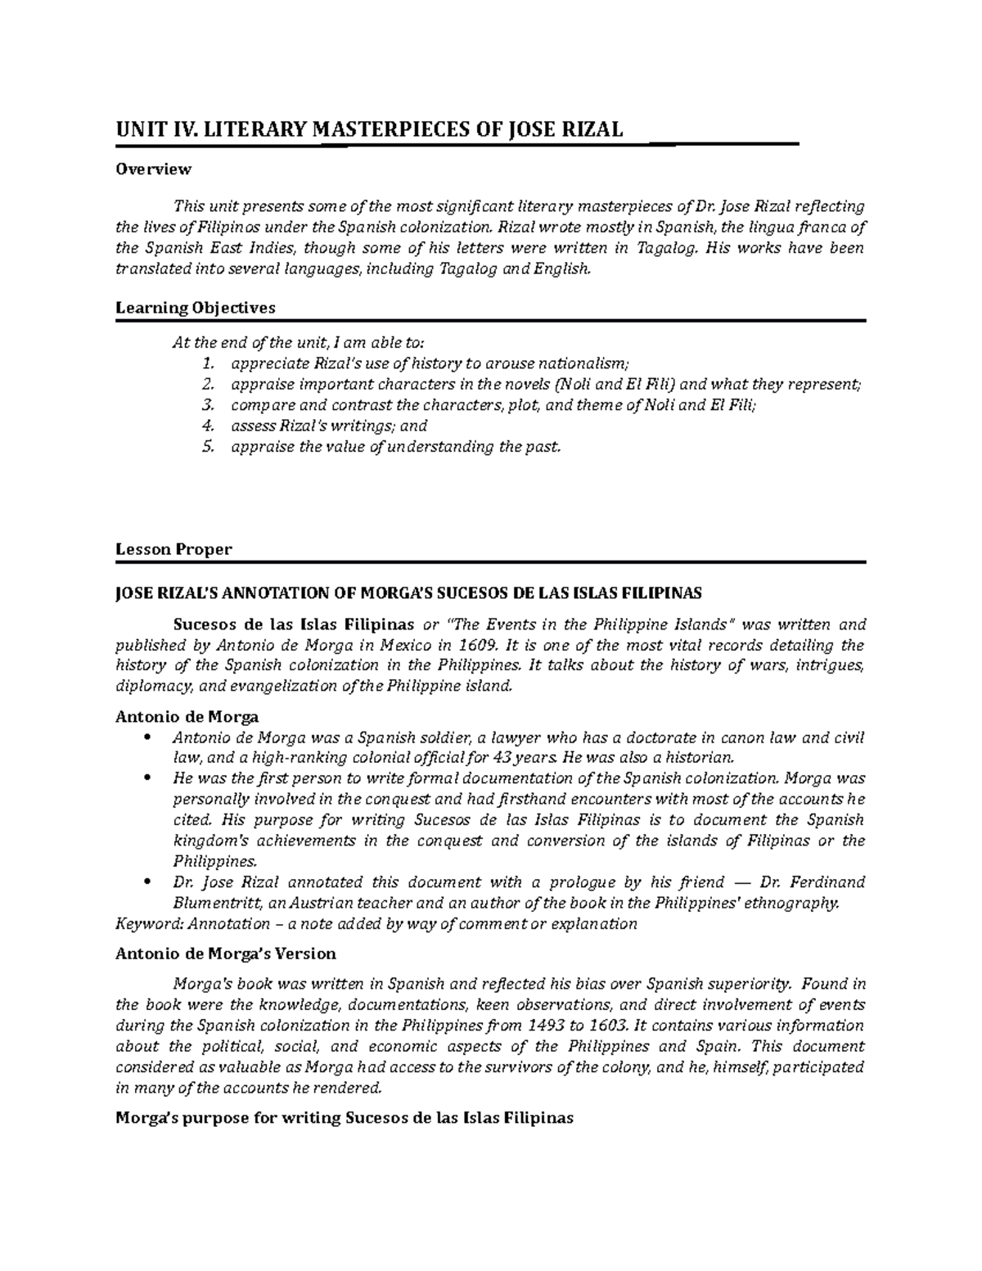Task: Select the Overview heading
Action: pos(153,169)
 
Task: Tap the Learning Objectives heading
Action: pos(196,309)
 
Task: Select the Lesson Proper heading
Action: pos(173,550)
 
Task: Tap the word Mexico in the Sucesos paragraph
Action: pos(390,645)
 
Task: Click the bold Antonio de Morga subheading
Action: pos(187,717)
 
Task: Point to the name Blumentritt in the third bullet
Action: pos(213,904)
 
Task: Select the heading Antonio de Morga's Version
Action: pos(226,954)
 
